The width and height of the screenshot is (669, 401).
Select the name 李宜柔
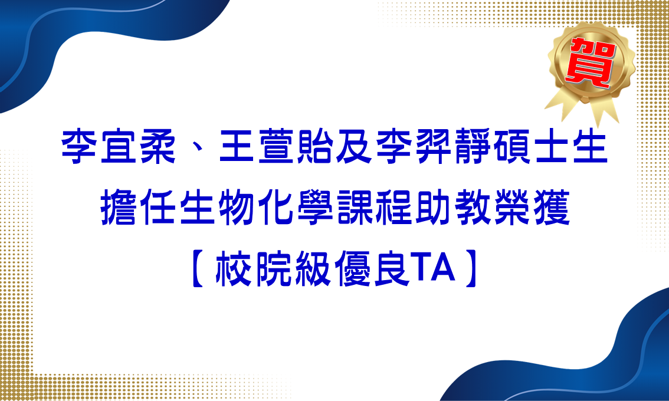(x=119, y=147)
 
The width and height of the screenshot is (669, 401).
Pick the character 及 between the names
(x=354, y=147)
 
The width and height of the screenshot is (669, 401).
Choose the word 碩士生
(x=550, y=147)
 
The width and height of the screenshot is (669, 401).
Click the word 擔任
(x=137, y=208)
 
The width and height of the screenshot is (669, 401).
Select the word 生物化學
(x=257, y=208)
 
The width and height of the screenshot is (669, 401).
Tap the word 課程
(x=374, y=208)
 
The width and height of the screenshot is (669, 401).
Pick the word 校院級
(x=274, y=268)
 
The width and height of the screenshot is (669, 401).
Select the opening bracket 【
(x=198, y=268)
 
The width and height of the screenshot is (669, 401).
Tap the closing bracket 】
(x=471, y=268)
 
